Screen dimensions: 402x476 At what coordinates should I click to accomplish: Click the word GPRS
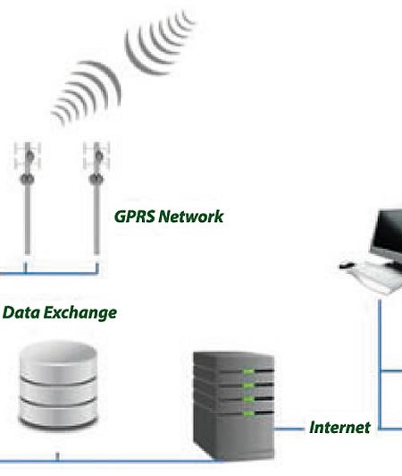134,217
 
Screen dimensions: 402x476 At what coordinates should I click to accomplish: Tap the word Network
191,217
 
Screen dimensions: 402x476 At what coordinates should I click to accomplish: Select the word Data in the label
21,312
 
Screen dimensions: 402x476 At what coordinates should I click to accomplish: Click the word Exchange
80,313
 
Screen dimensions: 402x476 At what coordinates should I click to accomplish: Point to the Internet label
339,428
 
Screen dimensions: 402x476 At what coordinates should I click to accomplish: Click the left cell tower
28,198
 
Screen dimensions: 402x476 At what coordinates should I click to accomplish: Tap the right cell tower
96,198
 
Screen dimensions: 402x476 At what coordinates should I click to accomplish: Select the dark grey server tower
234,405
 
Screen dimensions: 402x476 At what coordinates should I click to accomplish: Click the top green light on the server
248,371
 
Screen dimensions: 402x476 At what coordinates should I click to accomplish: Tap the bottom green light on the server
248,413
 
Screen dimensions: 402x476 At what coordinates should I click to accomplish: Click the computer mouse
347,265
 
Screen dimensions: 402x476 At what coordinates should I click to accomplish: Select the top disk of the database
58,360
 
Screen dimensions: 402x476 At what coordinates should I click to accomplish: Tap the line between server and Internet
289,429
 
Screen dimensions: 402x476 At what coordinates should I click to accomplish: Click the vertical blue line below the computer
380,364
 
